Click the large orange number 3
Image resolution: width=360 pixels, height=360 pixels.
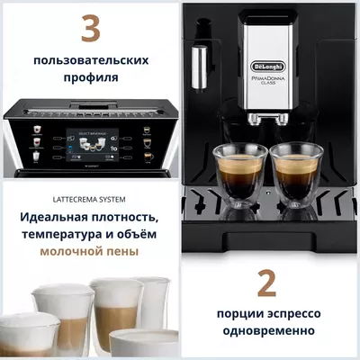89,29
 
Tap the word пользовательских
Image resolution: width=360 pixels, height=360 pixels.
89,61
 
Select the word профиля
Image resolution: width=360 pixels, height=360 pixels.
89,78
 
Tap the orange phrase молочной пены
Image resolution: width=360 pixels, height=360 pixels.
89,252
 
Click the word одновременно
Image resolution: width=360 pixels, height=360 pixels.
267,331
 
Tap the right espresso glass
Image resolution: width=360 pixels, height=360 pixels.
300,170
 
